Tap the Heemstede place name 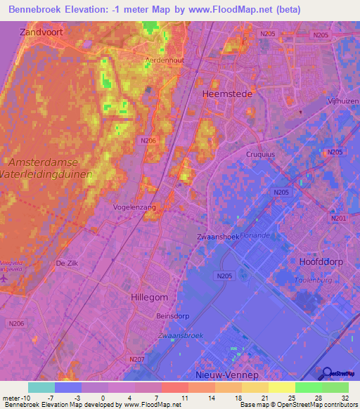(224, 93)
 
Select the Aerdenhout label (165, 61)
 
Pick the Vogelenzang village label (134, 208)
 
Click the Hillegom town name (149, 297)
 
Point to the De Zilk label (66, 263)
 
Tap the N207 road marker (137, 360)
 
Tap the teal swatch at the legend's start (41, 387)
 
